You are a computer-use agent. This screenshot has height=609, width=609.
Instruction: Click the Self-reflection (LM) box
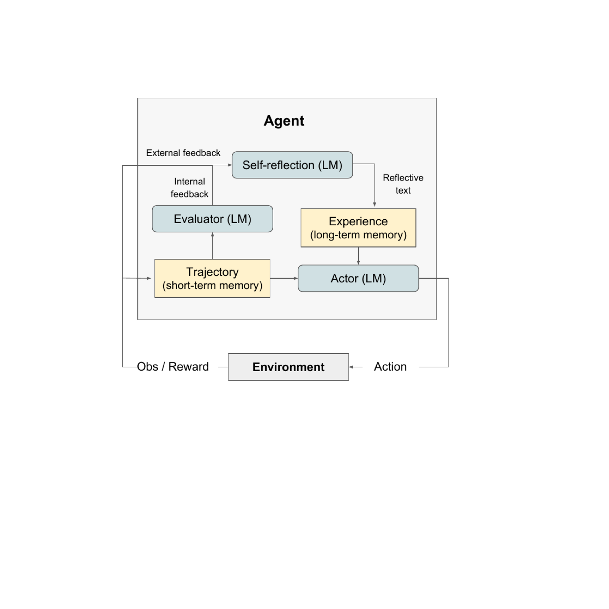292,165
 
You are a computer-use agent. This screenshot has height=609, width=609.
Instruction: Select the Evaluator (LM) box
212,219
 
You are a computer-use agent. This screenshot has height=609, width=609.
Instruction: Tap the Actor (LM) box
358,278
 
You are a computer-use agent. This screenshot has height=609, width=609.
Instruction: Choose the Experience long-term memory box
358,228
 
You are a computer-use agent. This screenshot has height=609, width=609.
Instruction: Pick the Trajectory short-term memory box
212,278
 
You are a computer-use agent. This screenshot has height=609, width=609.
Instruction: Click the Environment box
288,367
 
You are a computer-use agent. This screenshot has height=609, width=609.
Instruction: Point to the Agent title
284,121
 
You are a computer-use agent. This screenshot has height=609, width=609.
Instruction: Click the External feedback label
183,153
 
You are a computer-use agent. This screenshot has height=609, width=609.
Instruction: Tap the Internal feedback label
189,188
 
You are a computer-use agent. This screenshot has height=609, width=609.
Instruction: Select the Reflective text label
403,184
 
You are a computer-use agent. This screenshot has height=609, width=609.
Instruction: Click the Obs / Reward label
173,367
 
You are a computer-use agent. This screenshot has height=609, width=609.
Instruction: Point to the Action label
390,367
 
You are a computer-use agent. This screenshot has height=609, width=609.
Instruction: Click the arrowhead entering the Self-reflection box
230,165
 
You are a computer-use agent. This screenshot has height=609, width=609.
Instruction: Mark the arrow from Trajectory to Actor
284,278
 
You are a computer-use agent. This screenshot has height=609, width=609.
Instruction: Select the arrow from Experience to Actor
358,256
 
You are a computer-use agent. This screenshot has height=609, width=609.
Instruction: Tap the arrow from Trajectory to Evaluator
212,246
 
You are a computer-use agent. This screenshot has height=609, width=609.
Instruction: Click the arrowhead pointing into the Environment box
351,367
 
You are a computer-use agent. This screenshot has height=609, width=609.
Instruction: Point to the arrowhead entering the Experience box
375,205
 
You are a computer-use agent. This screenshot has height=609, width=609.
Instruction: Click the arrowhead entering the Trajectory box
149,278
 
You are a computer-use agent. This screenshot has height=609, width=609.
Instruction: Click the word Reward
188,367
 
